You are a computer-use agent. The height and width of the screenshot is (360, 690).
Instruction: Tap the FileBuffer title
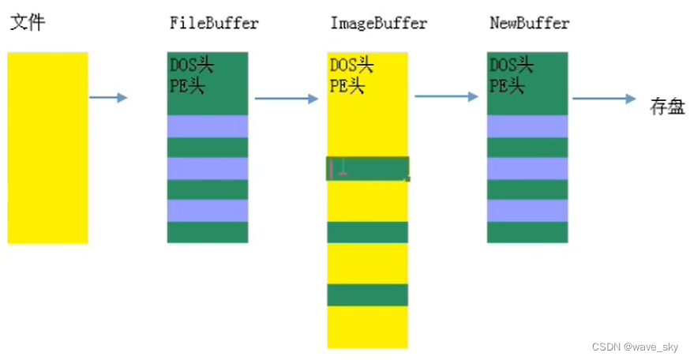pyautogui.click(x=214, y=23)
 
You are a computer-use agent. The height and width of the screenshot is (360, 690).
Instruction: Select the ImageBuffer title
pyautogui.click(x=378, y=23)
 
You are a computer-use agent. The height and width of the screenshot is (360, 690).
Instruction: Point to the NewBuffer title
pyautogui.click(x=529, y=23)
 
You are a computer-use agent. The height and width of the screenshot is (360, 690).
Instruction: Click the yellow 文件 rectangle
pyautogui.click(x=47, y=148)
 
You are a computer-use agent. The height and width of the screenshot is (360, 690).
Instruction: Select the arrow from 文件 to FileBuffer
pyautogui.click(x=108, y=98)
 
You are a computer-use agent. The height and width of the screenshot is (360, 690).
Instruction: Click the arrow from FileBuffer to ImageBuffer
pyautogui.click(x=285, y=99)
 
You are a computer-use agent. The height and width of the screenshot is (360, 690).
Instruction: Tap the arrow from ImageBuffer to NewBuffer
pyautogui.click(x=446, y=96)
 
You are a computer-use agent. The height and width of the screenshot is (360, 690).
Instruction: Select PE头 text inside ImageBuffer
pyautogui.click(x=347, y=85)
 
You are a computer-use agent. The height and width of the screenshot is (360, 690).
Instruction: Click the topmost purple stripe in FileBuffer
pyautogui.click(x=208, y=126)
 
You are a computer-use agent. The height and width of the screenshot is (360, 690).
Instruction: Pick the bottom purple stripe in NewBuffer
pyautogui.click(x=527, y=210)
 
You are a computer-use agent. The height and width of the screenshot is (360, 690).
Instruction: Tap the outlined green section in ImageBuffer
pyautogui.click(x=368, y=168)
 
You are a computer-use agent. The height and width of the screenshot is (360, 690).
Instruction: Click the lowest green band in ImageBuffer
pyautogui.click(x=368, y=294)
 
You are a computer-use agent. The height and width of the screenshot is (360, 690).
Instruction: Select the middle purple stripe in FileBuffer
pyautogui.click(x=208, y=168)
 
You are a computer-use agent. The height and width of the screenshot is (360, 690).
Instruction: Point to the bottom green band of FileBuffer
pyautogui.click(x=208, y=231)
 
